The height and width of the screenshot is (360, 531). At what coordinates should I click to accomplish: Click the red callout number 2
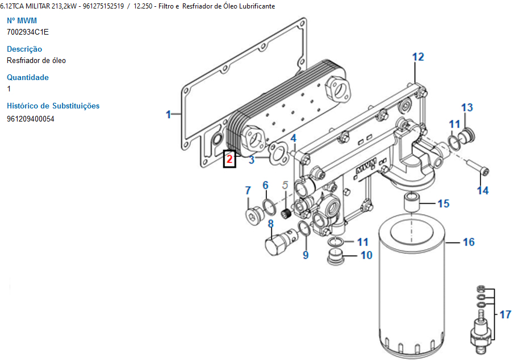[x=229, y=159]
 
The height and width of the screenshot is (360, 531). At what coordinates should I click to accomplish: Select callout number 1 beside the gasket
[x=168, y=115]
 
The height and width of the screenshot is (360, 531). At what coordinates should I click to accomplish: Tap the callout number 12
[x=418, y=57]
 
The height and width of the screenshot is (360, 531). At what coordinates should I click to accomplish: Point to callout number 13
[x=467, y=107]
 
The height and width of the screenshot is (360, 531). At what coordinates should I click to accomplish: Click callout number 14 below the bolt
[x=482, y=190]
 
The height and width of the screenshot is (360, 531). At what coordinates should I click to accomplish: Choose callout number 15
[x=443, y=203]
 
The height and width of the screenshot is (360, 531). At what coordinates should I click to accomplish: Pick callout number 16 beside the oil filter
[x=468, y=242]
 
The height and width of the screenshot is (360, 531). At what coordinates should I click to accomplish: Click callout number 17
[x=505, y=314]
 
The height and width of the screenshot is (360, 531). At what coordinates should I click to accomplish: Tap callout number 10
[x=366, y=255]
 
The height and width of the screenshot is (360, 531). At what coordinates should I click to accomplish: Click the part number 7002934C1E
[x=28, y=32]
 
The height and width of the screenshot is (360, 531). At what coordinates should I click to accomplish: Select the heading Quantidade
[x=28, y=77]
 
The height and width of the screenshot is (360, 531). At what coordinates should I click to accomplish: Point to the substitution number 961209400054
[x=31, y=119]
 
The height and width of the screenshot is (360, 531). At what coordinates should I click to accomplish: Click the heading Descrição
[x=24, y=49]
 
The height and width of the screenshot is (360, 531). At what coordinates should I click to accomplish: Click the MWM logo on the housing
[x=366, y=168]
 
